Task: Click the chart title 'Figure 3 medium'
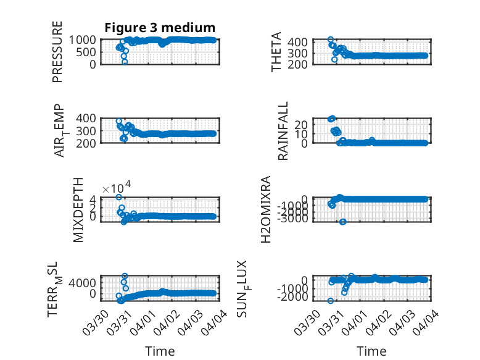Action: [159, 28]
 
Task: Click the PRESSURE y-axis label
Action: [57, 51]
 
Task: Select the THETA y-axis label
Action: [277, 52]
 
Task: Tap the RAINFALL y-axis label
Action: [283, 131]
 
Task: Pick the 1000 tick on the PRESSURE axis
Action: [83, 40]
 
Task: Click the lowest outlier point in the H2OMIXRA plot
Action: [343, 222]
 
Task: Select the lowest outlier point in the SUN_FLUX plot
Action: [331, 301]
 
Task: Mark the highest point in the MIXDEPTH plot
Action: [118, 197]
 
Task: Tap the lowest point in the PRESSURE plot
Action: [125, 62]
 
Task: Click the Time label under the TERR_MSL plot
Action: [160, 351]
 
